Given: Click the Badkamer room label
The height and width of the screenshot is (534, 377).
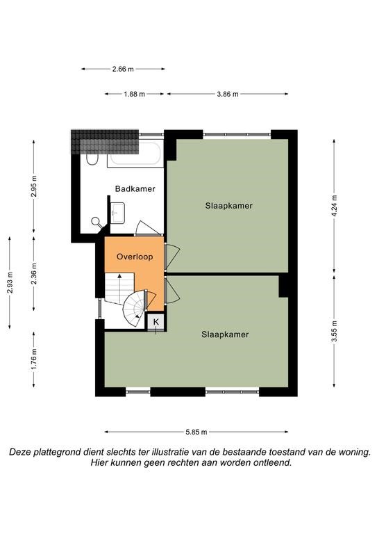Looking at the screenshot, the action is pyautogui.click(x=135, y=188).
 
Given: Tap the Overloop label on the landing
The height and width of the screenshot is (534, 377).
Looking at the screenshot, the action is pyautogui.click(x=135, y=257).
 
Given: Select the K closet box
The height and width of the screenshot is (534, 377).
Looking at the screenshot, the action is pyautogui.click(x=156, y=322).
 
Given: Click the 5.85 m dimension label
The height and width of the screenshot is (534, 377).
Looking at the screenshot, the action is pyautogui.click(x=196, y=432).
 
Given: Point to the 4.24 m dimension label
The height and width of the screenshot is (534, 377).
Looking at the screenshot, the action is pyautogui.click(x=335, y=206).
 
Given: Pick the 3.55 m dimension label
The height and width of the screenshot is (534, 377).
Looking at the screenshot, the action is pyautogui.click(x=335, y=332).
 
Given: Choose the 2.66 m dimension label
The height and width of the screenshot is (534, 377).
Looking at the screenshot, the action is pyautogui.click(x=123, y=69).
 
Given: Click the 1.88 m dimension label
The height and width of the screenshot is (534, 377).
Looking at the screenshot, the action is pyautogui.click(x=134, y=94).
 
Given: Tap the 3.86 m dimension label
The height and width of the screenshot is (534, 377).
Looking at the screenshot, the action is pyautogui.click(x=228, y=94).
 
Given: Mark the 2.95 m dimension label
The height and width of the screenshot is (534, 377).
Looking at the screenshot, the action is pyautogui.click(x=33, y=186).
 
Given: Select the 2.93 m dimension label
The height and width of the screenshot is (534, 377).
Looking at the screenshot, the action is pyautogui.click(x=10, y=282).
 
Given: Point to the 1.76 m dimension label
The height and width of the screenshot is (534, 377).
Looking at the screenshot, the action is pyautogui.click(x=33, y=359).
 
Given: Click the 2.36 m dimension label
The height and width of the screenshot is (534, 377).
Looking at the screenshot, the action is pyautogui.click(x=33, y=273).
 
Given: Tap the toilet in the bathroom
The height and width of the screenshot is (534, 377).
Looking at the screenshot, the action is pyautogui.click(x=92, y=159).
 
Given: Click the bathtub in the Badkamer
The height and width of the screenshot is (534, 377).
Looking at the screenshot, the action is pyautogui.click(x=135, y=154).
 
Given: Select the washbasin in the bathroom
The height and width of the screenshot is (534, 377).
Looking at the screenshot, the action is pyautogui.click(x=117, y=213).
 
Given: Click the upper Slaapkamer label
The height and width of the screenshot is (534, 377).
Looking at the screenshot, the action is pyautogui.click(x=228, y=206).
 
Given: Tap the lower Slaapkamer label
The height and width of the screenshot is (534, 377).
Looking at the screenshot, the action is pyautogui.click(x=225, y=334).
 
